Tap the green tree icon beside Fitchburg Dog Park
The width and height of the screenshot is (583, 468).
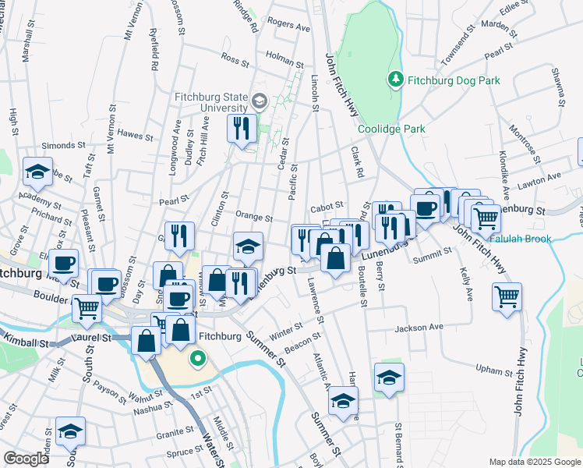pyautogui.click(x=396, y=79)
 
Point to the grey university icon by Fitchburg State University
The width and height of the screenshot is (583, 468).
pyautogui.click(x=260, y=101)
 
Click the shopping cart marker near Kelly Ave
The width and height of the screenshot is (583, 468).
pyautogui.click(x=507, y=297)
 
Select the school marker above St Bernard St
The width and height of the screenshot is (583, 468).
pyautogui.click(x=389, y=378)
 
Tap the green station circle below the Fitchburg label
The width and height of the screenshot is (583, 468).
pyautogui.click(x=198, y=360)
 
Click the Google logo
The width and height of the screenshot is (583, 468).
pyautogui.click(x=26, y=459)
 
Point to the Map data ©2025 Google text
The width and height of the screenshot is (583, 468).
pyautogui.click(x=535, y=462)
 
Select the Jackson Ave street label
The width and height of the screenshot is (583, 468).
pyautogui.click(x=418, y=328)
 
